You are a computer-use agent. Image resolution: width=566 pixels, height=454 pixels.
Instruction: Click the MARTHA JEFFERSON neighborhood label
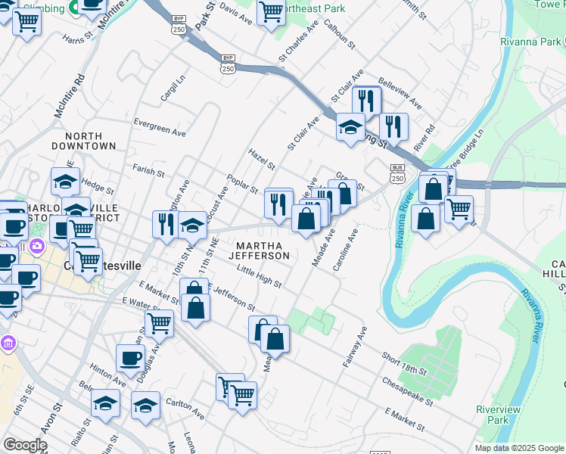point(263,251)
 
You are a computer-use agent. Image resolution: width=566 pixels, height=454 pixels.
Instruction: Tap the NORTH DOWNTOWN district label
point(84,140)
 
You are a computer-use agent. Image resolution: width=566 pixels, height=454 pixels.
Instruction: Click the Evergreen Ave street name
point(159,126)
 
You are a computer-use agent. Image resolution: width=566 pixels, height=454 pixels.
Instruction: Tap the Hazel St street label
point(262,159)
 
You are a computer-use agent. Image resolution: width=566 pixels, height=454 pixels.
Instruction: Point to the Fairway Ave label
point(355,347)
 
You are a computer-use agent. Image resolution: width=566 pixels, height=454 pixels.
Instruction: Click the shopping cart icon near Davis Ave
point(270,11)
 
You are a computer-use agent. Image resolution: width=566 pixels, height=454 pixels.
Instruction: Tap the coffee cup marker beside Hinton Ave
point(129,358)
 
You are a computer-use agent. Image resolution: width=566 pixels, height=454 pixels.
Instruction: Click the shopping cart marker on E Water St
point(160,323)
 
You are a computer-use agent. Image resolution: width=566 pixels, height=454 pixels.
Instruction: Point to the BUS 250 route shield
point(398,173)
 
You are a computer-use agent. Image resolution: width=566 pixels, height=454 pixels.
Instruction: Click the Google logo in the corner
point(25,445)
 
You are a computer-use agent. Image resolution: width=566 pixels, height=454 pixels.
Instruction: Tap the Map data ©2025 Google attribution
point(518,448)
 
